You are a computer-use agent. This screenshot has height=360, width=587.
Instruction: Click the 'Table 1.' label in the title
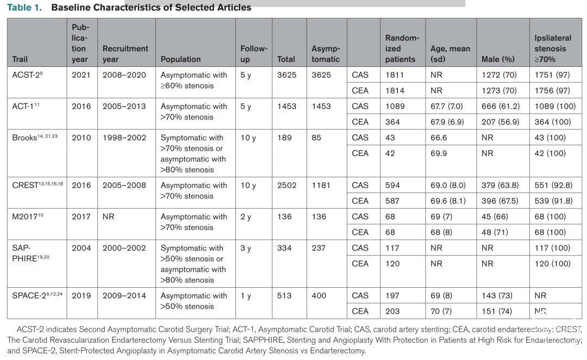(x=24, y=8)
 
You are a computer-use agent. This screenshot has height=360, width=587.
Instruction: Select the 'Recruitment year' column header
(x=126, y=54)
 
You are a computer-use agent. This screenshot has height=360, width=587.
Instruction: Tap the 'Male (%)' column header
(x=498, y=59)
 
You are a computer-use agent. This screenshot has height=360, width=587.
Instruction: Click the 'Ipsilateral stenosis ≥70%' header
(x=553, y=49)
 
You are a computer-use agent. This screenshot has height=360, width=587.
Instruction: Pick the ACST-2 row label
(x=27, y=75)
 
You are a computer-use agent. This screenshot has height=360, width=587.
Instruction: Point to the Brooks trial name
(x=35, y=138)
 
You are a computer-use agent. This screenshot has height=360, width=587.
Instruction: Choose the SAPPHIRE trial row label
(x=30, y=253)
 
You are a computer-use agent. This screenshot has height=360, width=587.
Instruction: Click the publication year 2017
(x=81, y=216)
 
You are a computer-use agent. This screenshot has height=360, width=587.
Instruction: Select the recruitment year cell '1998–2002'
(x=124, y=138)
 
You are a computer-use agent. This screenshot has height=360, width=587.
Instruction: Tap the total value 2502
(x=287, y=185)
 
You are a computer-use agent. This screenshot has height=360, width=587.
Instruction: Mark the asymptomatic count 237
(x=319, y=248)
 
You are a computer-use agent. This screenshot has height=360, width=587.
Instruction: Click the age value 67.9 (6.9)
(x=447, y=122)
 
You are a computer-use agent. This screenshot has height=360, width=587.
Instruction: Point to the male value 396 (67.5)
(x=500, y=201)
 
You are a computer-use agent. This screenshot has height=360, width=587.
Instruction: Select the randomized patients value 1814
(x=395, y=91)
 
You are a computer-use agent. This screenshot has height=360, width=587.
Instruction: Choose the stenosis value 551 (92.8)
(x=553, y=185)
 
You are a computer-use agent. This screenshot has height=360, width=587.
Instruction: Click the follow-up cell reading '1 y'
(x=246, y=296)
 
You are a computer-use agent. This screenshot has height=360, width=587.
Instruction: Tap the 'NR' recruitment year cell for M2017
(x=108, y=216)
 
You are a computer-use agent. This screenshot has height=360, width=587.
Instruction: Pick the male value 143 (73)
(x=497, y=296)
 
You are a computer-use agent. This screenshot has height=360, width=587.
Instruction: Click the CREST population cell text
(x=194, y=191)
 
